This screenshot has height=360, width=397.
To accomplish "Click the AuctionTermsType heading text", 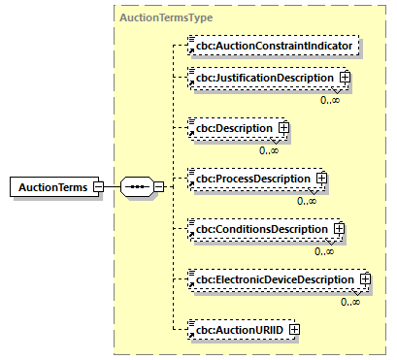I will (165, 17).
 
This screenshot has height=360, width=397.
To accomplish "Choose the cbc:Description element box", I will (230, 128).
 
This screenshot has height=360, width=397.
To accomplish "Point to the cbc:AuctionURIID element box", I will (236, 331).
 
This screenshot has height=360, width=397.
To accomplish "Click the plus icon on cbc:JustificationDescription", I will (345, 77).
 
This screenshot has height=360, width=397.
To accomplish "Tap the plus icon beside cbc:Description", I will (284, 128).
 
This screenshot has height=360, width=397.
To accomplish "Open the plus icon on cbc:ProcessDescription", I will (321, 180).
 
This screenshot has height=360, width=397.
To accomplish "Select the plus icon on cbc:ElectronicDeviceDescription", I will (365, 280).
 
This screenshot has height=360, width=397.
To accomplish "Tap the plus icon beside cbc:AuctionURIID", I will (294, 331).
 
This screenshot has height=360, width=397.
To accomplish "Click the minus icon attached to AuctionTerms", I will (98, 186).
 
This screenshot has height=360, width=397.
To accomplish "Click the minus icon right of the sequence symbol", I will (159, 186).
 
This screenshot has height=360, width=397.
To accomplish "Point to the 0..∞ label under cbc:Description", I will (269, 150).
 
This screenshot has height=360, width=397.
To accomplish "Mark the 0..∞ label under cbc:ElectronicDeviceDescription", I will (350, 302).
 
